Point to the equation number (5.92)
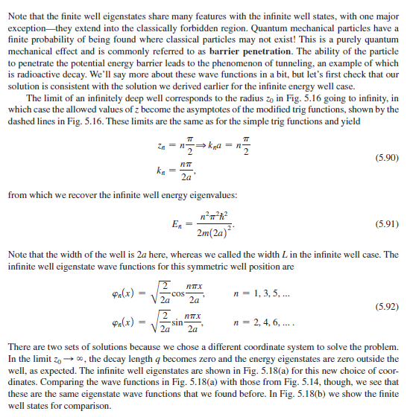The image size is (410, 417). [385, 306]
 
